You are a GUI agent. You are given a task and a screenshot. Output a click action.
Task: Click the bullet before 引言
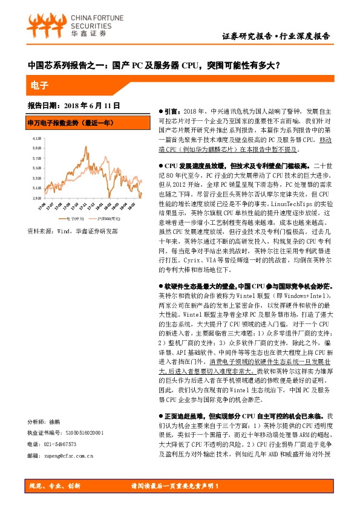(x=159, y=111)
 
